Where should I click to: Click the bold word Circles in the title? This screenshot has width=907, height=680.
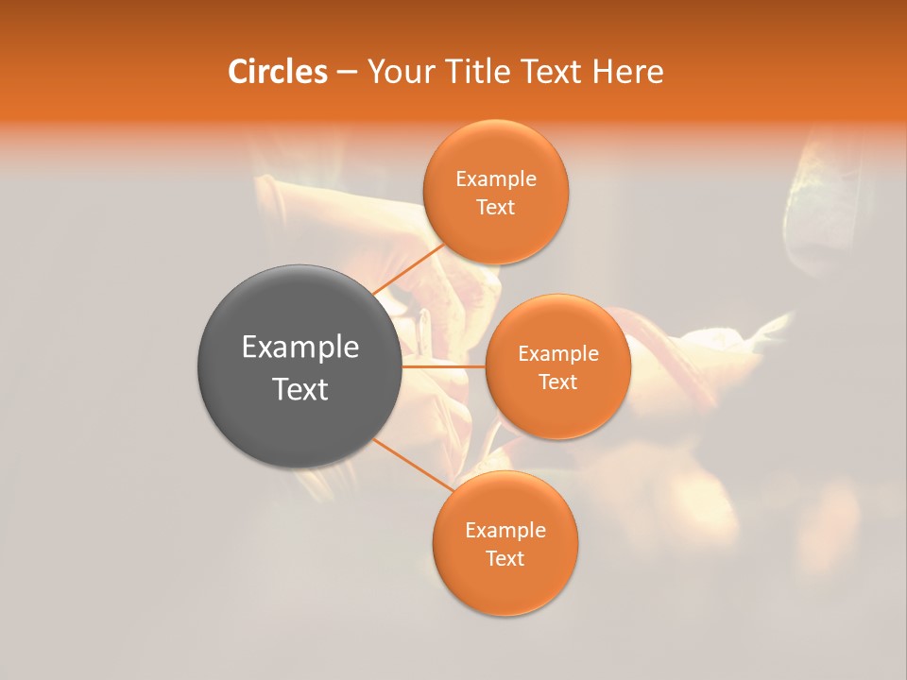pos(277,72)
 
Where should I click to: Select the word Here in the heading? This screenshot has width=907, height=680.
pos(629,72)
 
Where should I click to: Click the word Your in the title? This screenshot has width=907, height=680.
pos(399,72)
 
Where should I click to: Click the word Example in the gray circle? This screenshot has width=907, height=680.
pos(300,348)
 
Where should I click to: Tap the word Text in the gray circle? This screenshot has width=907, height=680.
pos(300,389)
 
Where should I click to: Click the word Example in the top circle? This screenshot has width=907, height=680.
pos(496,179)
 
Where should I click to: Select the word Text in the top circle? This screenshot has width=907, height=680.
pos(496,208)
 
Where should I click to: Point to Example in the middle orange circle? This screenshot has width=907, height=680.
pos(558,354)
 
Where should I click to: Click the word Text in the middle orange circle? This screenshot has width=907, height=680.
pos(558,382)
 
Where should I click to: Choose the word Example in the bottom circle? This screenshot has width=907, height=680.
pos(505,531)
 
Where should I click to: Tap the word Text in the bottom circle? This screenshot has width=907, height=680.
pos(505,559)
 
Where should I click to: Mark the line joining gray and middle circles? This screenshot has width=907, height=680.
pos(444,365)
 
